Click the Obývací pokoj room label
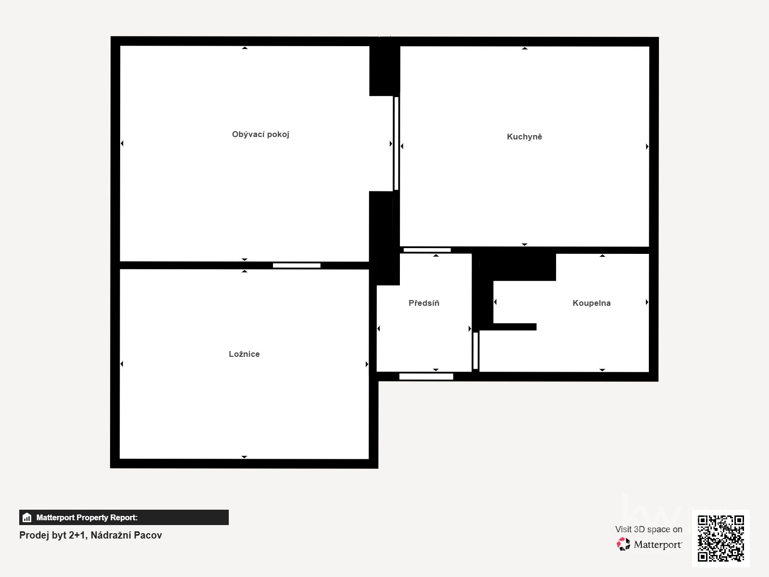pos(260,135)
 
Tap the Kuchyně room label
pos(524,137)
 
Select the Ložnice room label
pos(244,354)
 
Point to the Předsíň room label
pos(423,303)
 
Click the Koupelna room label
pos(591,303)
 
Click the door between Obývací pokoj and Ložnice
pos(297,265)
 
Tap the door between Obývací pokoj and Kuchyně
pos(396,143)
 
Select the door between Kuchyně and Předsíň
pos(427,250)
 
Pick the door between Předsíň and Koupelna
pos(475,351)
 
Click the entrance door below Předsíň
pos(426,376)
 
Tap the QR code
pos(720,539)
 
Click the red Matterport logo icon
pos(623,544)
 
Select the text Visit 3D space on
pos(648,529)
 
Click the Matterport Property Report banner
pos(124,517)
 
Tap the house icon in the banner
pos(27,517)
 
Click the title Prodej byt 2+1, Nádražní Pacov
pos(90,535)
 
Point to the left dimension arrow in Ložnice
pos(122,364)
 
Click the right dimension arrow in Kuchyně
pos(647,147)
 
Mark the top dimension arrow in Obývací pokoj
pos(245,48)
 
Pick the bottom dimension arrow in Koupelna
pos(602,370)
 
